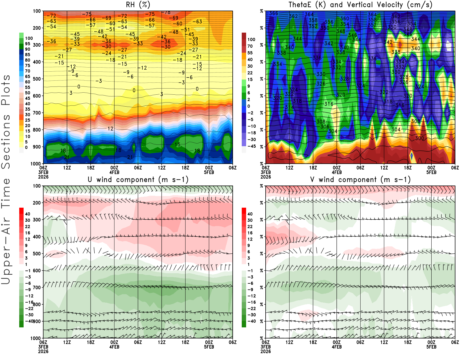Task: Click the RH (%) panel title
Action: (x=138, y=5)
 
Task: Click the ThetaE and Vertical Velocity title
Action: (x=360, y=5)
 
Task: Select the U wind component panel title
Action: (x=138, y=179)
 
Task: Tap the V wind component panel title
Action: (x=360, y=179)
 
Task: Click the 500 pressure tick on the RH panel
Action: (x=37, y=79)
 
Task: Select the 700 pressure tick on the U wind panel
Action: (x=37, y=287)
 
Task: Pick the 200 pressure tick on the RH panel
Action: (x=37, y=28)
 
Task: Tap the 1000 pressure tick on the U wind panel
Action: (x=36, y=338)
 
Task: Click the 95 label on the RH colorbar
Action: (x=27, y=44)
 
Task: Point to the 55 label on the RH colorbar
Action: (x=27, y=87)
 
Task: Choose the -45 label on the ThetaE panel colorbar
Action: (x=251, y=146)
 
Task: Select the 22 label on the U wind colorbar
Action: (x=27, y=227)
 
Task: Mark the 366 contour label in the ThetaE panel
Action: (x=273, y=13)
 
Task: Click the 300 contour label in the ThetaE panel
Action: (x=419, y=138)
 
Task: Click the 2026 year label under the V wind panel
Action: (x=266, y=351)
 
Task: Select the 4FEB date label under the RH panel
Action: (x=114, y=172)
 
